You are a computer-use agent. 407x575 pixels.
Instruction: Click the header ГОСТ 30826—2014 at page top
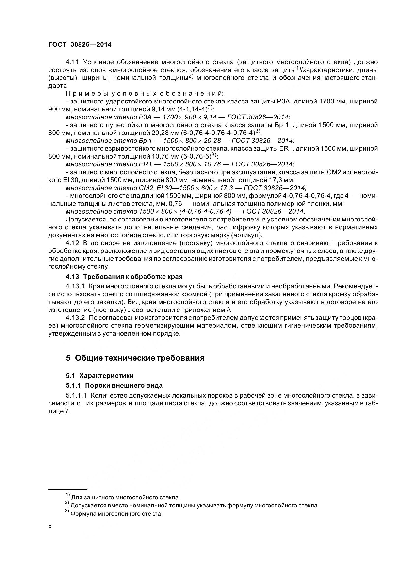pyautogui.click(x=80, y=44)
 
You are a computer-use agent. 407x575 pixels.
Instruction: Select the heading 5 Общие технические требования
pyautogui.click(x=135, y=358)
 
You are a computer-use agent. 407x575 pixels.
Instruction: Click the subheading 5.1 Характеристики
pyautogui.click(x=99, y=376)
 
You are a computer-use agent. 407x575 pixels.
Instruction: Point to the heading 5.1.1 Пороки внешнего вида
pyautogui.click(x=114, y=385)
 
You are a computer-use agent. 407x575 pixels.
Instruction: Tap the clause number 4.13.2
pyautogui.click(x=76, y=318)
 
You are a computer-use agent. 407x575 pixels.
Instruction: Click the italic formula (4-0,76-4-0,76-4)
pyautogui.click(x=205, y=211)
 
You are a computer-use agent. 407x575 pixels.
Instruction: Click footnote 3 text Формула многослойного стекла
pyautogui.click(x=117, y=514)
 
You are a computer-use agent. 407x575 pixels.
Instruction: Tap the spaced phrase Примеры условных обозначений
pyautogui.click(x=144, y=93)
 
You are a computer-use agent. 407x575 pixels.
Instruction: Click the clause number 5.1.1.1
pyautogui.click(x=76, y=396)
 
